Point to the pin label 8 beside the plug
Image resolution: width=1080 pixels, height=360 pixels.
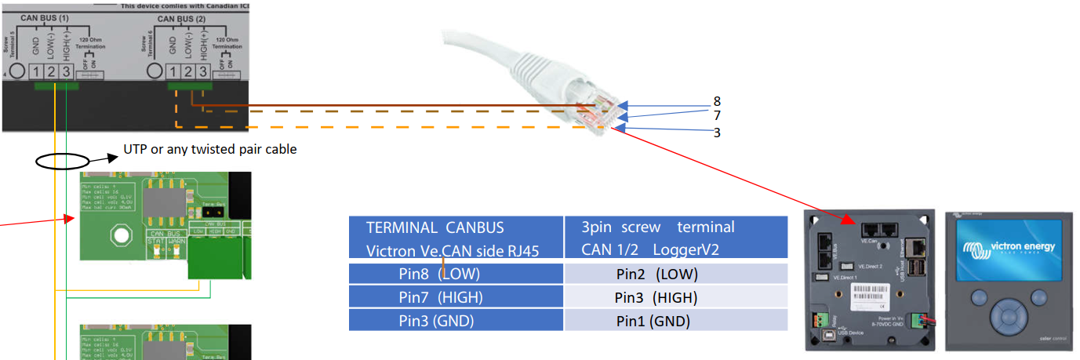coord(717,101)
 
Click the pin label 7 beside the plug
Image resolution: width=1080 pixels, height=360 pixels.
coord(717,116)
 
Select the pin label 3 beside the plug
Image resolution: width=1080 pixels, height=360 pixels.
coord(717,133)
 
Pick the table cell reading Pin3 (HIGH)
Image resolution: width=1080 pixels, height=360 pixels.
coord(656,297)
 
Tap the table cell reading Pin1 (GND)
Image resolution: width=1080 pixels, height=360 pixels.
coord(656,321)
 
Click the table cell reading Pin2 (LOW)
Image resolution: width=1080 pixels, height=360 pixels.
coord(656,274)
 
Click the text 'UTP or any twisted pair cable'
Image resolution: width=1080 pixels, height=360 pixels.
coord(210,149)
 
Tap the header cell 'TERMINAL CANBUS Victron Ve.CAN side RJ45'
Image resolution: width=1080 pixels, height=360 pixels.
coord(456,238)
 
